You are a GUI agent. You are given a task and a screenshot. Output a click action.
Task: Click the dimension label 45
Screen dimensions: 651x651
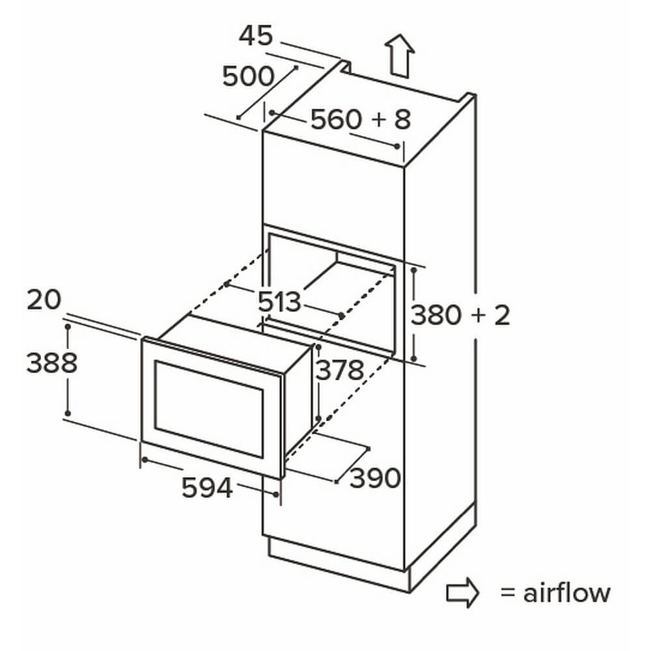pos(256,36)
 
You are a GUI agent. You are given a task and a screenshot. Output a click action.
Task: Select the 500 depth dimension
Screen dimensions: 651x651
pos(248,77)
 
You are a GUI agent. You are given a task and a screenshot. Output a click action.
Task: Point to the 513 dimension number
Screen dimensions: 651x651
pos(280,302)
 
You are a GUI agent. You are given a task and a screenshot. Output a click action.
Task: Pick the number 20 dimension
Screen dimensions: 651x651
pos(44,300)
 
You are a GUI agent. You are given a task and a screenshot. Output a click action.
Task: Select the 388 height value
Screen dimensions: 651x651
pos(51,363)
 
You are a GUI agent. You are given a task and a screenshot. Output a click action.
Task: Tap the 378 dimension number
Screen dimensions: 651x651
pos(339,370)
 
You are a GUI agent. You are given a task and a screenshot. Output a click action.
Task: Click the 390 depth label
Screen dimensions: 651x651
pos(375,479)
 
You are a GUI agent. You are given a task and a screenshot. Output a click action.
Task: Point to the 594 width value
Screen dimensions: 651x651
pos(207,488)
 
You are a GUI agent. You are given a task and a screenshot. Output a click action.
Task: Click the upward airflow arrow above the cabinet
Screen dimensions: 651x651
pos(398,56)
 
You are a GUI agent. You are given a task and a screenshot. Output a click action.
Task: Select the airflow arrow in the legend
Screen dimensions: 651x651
pos(462,593)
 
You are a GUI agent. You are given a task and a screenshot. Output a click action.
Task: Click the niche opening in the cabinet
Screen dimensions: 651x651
pos(332,286)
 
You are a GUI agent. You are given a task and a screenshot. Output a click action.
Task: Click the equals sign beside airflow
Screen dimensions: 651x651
pos(507,594)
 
